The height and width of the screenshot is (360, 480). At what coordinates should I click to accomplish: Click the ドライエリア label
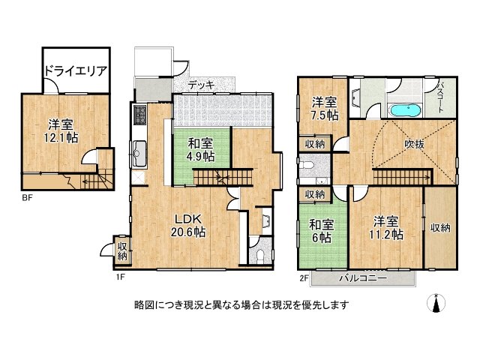[73, 72]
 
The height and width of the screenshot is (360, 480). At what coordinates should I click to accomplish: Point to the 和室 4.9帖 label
[200, 150]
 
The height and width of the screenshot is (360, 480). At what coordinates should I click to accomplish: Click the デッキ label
[200, 85]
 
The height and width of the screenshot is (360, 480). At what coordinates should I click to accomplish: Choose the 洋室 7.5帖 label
[325, 108]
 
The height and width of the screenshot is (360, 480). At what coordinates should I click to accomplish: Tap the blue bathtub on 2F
[406, 110]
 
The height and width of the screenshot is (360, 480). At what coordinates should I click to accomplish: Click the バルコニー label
[362, 278]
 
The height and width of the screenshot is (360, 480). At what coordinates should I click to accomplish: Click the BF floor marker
[26, 198]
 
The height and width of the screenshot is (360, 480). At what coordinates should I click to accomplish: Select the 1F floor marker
[119, 277]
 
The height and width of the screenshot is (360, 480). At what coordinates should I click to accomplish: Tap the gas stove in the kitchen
[139, 115]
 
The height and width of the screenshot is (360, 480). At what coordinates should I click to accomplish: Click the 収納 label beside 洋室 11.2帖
[440, 227]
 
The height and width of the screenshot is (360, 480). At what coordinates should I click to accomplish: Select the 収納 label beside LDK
[121, 250]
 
